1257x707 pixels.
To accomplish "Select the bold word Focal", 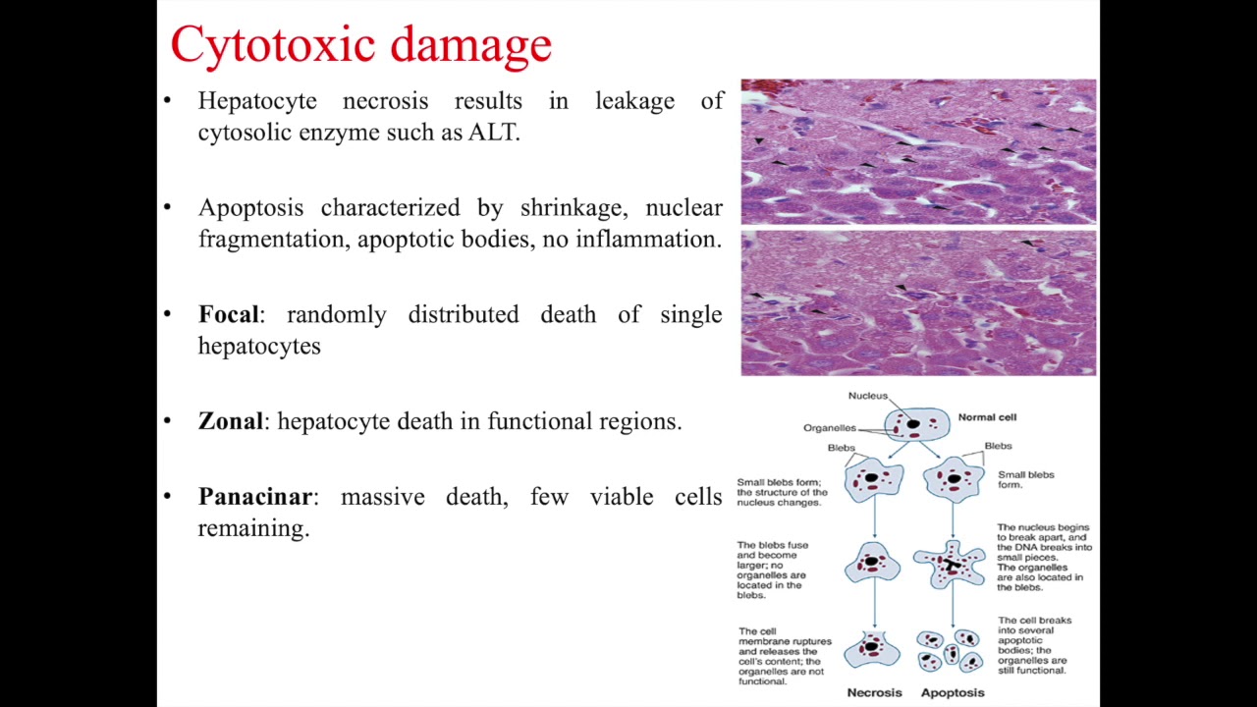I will click(x=229, y=314).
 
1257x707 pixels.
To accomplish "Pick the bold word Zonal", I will click(x=231, y=421).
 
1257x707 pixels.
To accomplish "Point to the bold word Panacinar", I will click(x=254, y=497).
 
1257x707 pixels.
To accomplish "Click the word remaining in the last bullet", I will click(x=253, y=528).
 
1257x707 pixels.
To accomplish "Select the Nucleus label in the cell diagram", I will click(x=867, y=396).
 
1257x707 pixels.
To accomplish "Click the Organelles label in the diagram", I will click(x=829, y=428).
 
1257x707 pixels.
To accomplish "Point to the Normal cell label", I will click(x=987, y=417).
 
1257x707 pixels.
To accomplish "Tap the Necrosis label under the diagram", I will click(x=874, y=692).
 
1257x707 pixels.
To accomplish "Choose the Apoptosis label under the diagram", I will click(x=952, y=692).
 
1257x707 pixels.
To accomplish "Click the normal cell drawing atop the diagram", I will click(x=916, y=424).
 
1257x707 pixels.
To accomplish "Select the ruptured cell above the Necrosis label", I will click(x=872, y=648).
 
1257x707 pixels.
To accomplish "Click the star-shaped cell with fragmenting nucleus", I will click(x=950, y=563).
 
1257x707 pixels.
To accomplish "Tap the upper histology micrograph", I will click(x=918, y=152).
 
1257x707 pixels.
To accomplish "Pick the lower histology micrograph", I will click(x=918, y=303).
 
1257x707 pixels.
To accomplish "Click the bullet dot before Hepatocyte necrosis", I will click(x=168, y=100).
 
